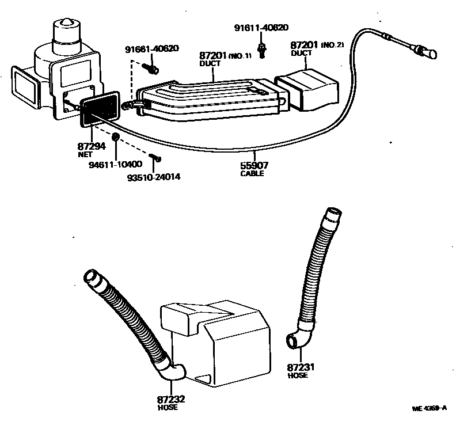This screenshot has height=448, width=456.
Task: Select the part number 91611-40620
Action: point(261,27)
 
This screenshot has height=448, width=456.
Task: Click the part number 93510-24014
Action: point(154,176)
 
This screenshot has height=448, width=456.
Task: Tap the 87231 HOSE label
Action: point(298,370)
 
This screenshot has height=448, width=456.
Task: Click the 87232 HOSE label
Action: point(171,403)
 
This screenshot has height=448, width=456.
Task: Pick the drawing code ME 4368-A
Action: point(430,408)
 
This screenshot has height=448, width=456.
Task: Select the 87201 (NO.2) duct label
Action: point(316,48)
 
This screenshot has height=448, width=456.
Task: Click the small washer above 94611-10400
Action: point(116,136)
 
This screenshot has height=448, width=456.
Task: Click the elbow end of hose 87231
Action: point(295,341)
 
